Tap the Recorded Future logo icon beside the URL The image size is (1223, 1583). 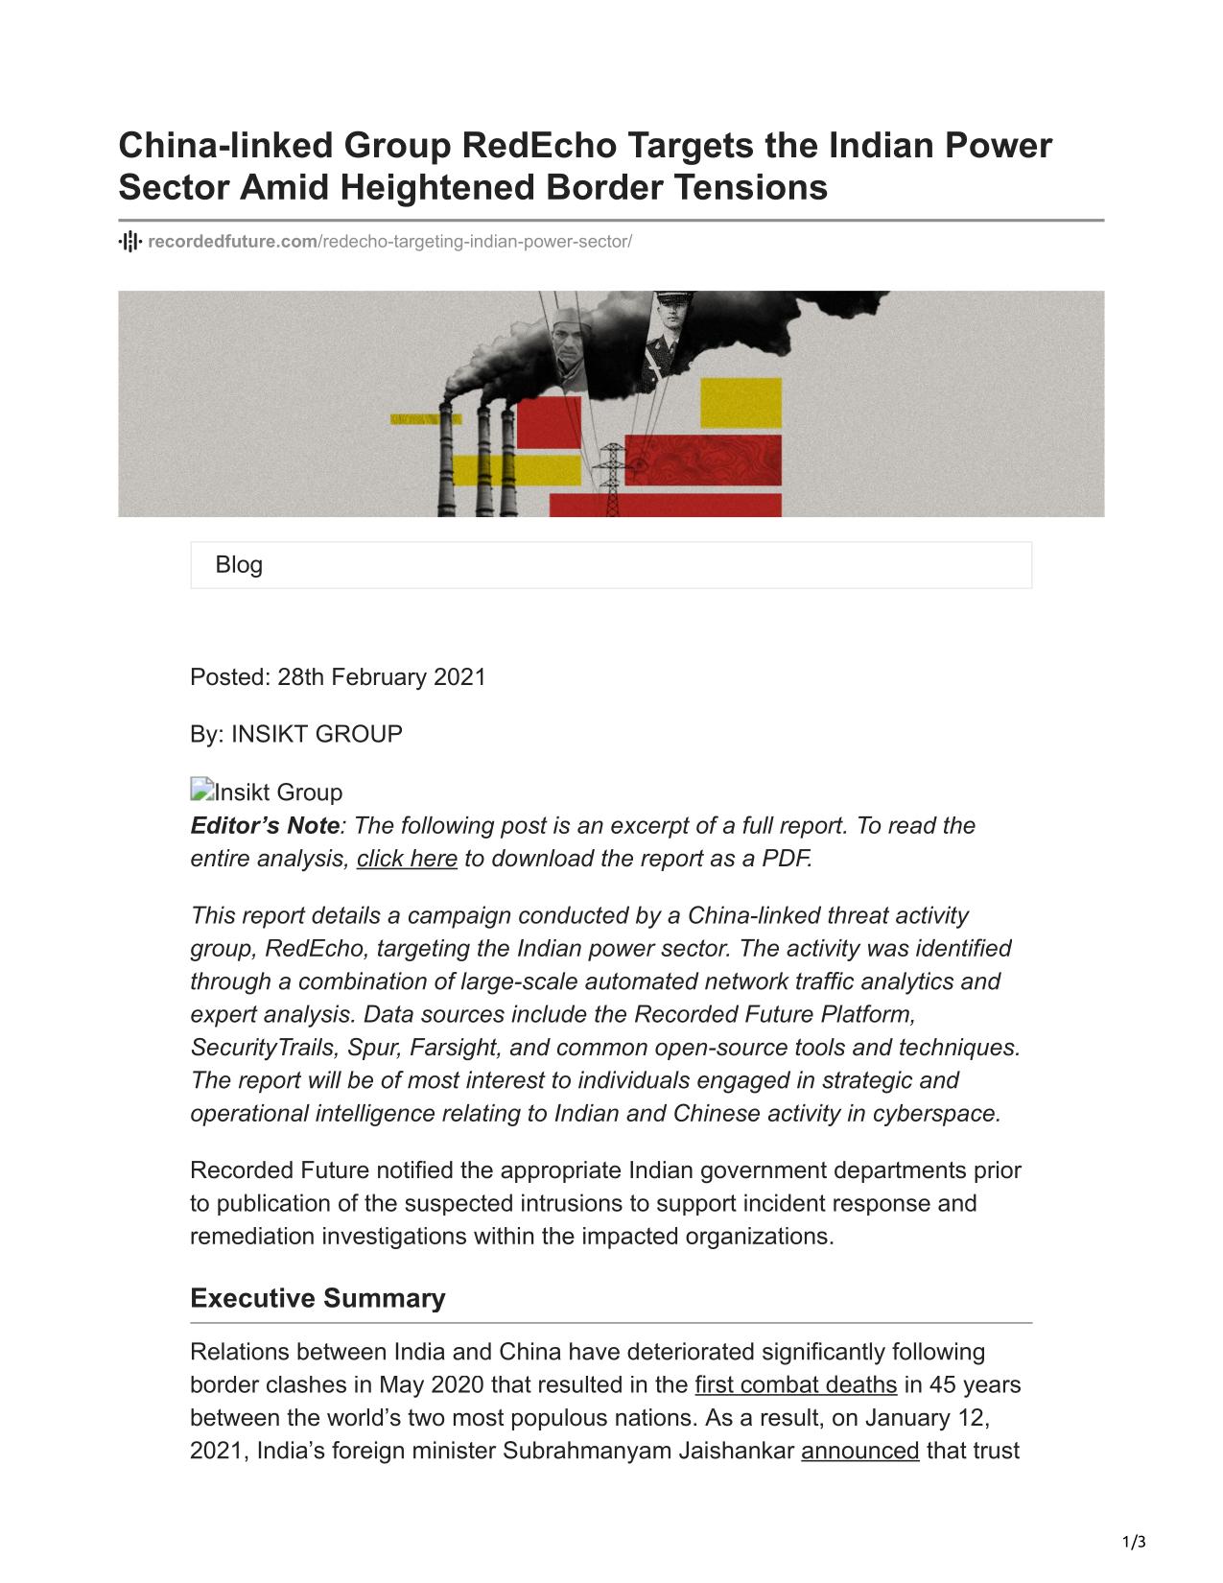(x=129, y=241)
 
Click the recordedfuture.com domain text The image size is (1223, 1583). (x=232, y=241)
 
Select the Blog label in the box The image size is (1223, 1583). (x=239, y=565)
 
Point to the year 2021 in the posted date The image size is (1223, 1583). (x=459, y=677)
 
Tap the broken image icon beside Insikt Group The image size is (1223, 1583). (x=200, y=791)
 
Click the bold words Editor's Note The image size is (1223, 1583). (x=265, y=826)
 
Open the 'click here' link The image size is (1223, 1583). (x=407, y=859)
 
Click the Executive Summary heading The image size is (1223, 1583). (x=318, y=1298)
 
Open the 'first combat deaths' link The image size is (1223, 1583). (x=795, y=1385)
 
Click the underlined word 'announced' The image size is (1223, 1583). (x=859, y=1452)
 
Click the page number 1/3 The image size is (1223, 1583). (x=1134, y=1543)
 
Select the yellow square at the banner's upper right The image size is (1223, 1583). (x=741, y=403)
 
